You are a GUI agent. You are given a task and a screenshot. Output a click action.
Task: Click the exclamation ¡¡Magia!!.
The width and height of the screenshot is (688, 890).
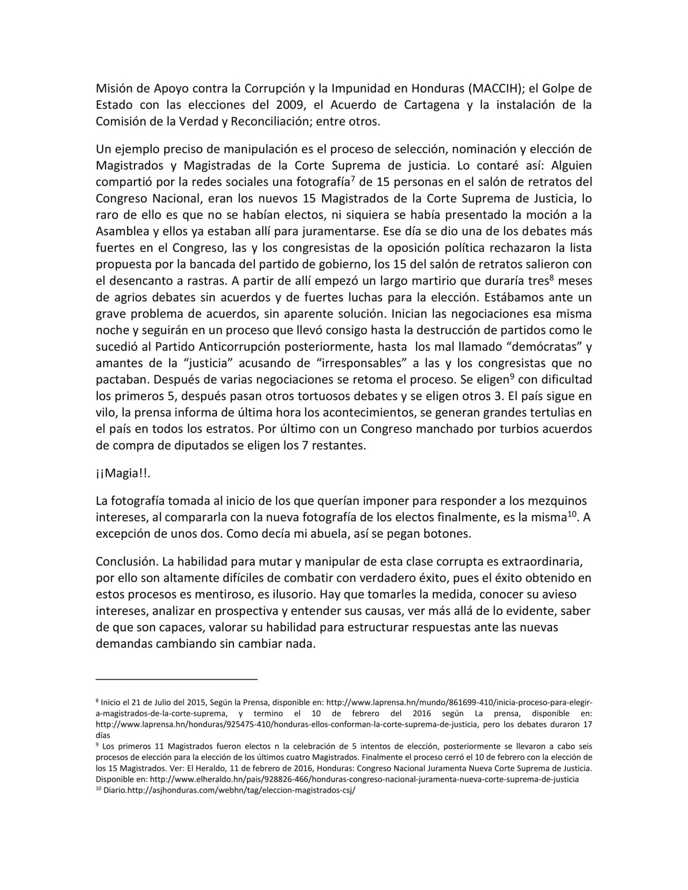(123, 473)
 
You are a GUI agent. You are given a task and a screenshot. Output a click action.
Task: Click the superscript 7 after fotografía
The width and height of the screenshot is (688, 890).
(352, 179)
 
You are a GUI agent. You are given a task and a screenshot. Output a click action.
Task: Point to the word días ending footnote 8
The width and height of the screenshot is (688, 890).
(103, 735)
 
